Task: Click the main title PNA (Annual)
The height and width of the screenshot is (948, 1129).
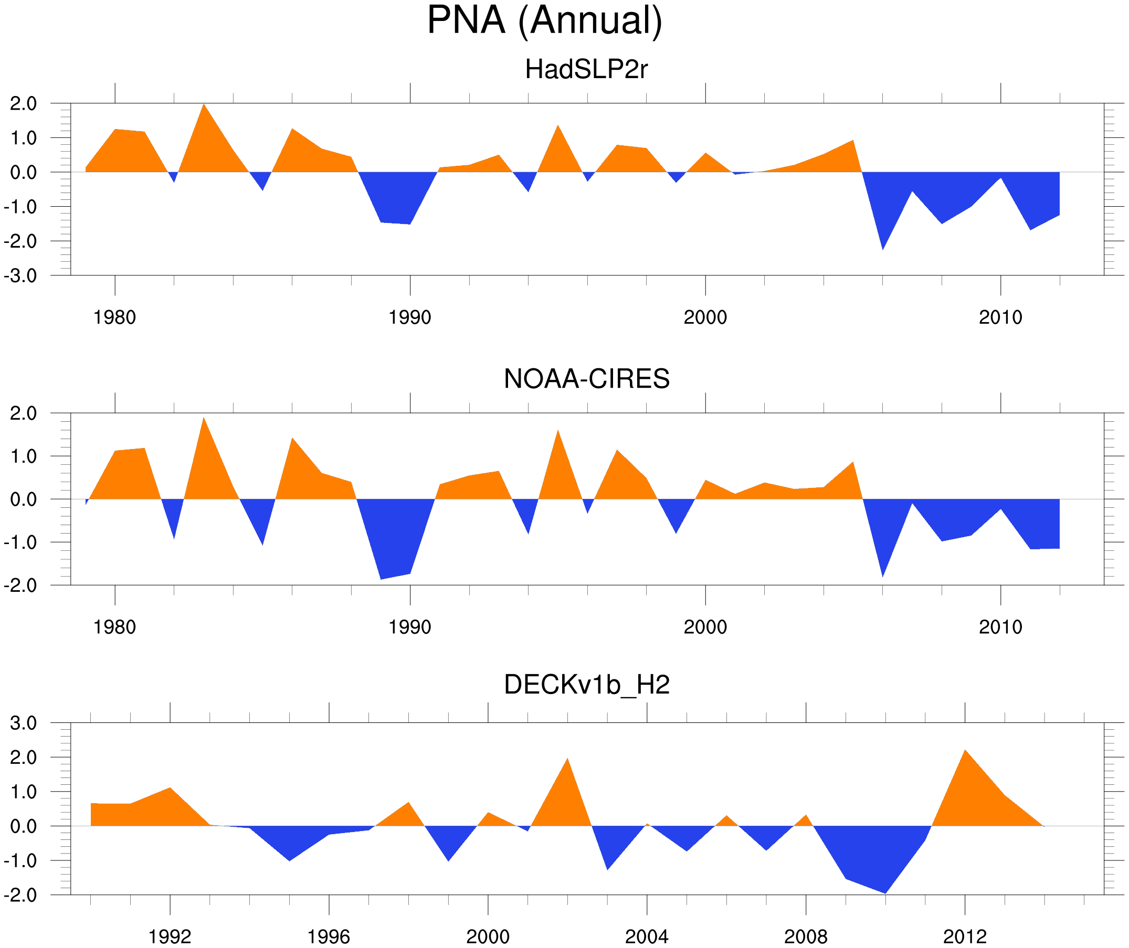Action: pyautogui.click(x=544, y=20)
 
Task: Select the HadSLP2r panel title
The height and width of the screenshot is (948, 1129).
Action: pyautogui.click(x=586, y=69)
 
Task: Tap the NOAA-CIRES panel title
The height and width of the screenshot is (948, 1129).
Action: pyautogui.click(x=586, y=379)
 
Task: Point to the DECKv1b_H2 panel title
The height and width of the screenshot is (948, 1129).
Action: pyautogui.click(x=586, y=685)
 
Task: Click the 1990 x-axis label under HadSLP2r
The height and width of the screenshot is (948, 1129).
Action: pyautogui.click(x=410, y=317)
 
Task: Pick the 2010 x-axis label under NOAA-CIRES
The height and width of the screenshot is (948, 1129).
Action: pyautogui.click(x=1000, y=626)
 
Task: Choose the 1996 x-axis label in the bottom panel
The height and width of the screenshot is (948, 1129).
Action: pyautogui.click(x=329, y=936)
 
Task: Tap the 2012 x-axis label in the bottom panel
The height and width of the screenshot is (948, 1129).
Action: pyautogui.click(x=965, y=936)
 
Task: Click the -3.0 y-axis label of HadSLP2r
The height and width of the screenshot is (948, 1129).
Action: pyautogui.click(x=20, y=276)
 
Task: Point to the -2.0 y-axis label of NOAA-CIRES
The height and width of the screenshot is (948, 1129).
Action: pyautogui.click(x=20, y=585)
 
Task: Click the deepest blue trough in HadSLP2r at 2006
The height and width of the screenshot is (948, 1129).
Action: pyautogui.click(x=883, y=246)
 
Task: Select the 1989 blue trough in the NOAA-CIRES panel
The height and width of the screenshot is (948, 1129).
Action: pyautogui.click(x=381, y=576)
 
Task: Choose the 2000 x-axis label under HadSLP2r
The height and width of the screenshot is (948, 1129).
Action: pyautogui.click(x=705, y=317)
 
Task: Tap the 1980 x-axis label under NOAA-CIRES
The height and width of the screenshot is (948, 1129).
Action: pyautogui.click(x=114, y=626)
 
